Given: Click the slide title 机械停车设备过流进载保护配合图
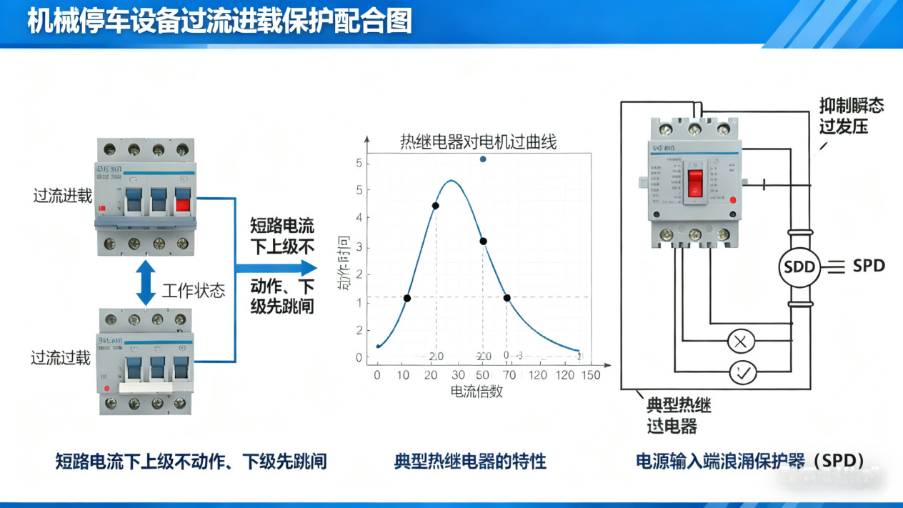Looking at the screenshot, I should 220,21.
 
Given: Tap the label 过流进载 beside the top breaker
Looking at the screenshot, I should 63,196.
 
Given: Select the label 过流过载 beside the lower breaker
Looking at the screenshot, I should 61,358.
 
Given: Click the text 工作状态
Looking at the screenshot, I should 194,291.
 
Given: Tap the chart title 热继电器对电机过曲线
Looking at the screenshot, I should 478,142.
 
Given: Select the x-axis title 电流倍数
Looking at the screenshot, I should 477,391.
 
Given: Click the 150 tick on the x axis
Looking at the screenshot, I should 590,375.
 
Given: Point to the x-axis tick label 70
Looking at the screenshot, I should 509,375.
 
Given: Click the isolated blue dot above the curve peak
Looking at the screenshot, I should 483,159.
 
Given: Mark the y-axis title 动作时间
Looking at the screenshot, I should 344,264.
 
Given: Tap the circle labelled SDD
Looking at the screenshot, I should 799,267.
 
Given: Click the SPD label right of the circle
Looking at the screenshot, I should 869,266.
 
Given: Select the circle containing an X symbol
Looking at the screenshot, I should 741,342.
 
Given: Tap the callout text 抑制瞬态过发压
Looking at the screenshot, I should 851,116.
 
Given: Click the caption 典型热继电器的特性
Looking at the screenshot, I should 470,461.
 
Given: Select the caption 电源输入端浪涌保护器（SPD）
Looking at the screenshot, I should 750,461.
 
